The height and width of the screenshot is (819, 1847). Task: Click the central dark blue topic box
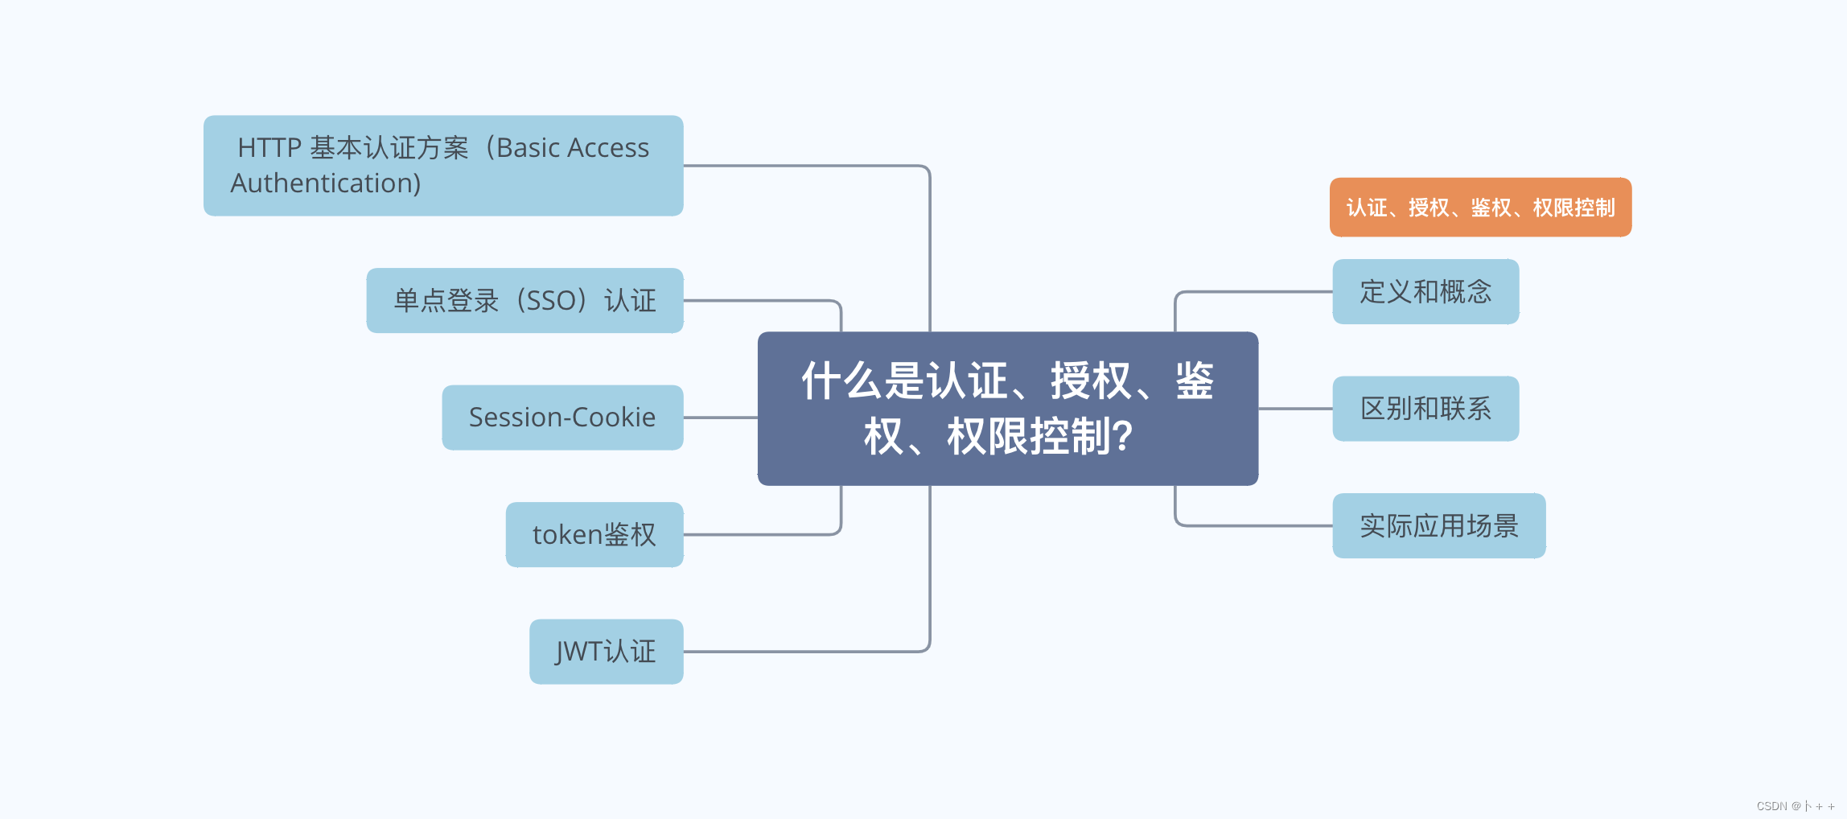pos(1007,408)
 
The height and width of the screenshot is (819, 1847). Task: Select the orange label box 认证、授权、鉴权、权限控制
pos(1480,208)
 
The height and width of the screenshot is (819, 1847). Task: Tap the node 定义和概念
pos(1425,291)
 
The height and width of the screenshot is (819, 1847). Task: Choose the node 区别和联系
pos(1425,409)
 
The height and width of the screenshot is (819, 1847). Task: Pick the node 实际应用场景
pos(1438,525)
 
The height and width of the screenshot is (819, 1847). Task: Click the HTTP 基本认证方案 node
pos(443,165)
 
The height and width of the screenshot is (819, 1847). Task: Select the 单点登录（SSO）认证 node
pos(524,300)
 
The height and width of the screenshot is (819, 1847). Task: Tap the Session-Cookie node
pos(562,418)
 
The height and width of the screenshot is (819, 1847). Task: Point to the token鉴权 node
pos(594,534)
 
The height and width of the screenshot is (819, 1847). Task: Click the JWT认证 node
pos(606,652)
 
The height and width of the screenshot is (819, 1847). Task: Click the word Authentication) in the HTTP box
pos(326,183)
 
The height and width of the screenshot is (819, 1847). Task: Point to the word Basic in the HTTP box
pos(529,148)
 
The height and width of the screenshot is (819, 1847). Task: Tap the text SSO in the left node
pos(551,301)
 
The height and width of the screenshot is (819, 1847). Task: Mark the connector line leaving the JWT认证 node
pos(804,652)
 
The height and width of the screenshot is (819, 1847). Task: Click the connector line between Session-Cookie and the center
pos(720,418)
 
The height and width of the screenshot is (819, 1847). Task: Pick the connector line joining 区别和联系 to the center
pos(1295,409)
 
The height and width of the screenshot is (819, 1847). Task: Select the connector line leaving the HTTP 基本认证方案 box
pos(804,166)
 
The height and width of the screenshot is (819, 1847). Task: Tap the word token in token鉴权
pos(567,535)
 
